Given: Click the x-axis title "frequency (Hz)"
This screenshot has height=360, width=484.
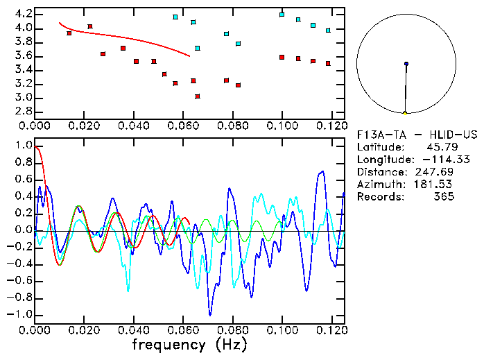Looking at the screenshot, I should pos(189,344).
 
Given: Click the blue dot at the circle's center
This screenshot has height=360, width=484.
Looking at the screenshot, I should pos(406,64).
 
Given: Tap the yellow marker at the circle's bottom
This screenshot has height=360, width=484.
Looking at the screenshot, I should pos(405,112).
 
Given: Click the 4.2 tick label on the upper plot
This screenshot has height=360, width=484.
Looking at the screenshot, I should pos(23,14).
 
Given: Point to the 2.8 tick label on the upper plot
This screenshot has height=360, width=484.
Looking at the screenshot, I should pos(23,111).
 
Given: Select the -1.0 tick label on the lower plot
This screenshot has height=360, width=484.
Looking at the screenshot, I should pos(20,314).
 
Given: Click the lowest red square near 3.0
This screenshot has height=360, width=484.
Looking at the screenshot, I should pos(198,96).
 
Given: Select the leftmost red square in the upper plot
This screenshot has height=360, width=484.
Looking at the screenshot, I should pos(69,33).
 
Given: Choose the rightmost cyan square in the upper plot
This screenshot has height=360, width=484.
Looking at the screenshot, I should pos(328,31).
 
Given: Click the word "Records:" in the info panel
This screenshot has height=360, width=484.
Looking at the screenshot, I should pos(379,197).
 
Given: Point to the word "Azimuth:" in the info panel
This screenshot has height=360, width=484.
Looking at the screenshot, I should pos(379,185).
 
